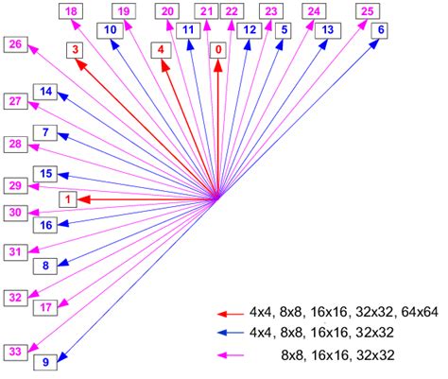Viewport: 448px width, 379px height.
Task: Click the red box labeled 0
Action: pyautogui.click(x=219, y=48)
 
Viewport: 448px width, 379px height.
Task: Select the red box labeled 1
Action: pyautogui.click(x=67, y=198)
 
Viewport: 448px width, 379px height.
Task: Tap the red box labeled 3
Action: pyautogui.click(x=75, y=49)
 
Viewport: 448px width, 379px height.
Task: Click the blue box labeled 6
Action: pyautogui.click(x=380, y=29)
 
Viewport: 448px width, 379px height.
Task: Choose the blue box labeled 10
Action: pyautogui.click(x=112, y=30)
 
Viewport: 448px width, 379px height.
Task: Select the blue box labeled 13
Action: pyautogui.click(x=326, y=30)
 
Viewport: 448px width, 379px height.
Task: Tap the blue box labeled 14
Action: pyautogui.click(x=45, y=91)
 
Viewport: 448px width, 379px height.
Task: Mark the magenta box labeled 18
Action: pyautogui.click(x=73, y=10)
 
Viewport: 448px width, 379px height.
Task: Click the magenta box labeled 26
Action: pyautogui.click(x=15, y=43)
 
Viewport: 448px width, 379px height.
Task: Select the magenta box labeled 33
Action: pyautogui.click(x=15, y=351)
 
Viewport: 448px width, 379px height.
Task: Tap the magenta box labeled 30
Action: pyautogui.click(x=15, y=213)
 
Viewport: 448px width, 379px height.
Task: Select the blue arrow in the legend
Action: pyautogui.click(x=230, y=333)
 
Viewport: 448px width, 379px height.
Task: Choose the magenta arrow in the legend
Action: pyautogui.click(x=230, y=355)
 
